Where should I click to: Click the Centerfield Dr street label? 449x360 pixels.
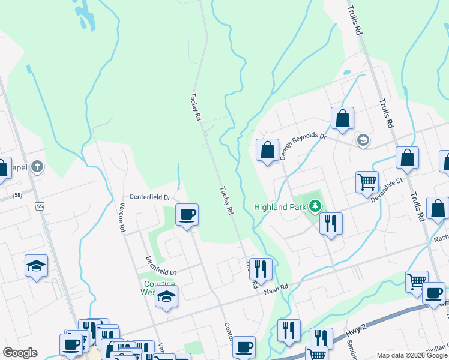(151, 197)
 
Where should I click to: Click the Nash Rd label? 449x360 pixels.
(276, 288)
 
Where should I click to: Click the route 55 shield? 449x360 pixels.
(40, 206)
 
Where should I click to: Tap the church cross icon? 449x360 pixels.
(37, 166)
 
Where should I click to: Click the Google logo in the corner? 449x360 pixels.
(20, 353)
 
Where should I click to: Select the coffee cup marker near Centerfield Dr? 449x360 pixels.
(187, 215)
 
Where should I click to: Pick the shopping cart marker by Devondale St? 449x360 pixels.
(367, 182)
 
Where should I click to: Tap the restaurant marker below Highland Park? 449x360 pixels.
(331, 224)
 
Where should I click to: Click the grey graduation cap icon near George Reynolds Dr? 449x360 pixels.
(363, 140)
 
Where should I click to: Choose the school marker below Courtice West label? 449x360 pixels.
(166, 297)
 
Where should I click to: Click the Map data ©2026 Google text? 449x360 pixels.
(412, 355)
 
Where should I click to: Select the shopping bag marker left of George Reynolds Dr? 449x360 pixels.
(267, 150)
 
